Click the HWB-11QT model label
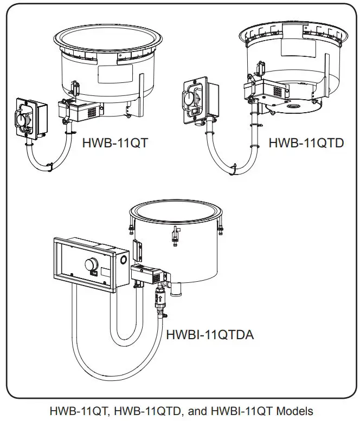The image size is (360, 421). (x=114, y=144)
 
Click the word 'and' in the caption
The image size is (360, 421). (x=198, y=411)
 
